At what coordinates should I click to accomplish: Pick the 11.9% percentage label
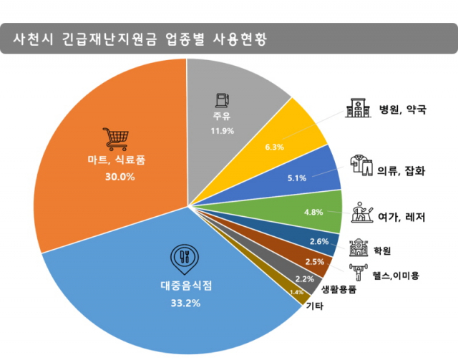[x=223, y=131]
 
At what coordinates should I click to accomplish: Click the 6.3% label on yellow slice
[x=275, y=147]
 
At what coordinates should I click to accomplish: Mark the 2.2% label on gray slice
[x=304, y=278]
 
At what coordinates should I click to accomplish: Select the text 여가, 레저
[x=405, y=215]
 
